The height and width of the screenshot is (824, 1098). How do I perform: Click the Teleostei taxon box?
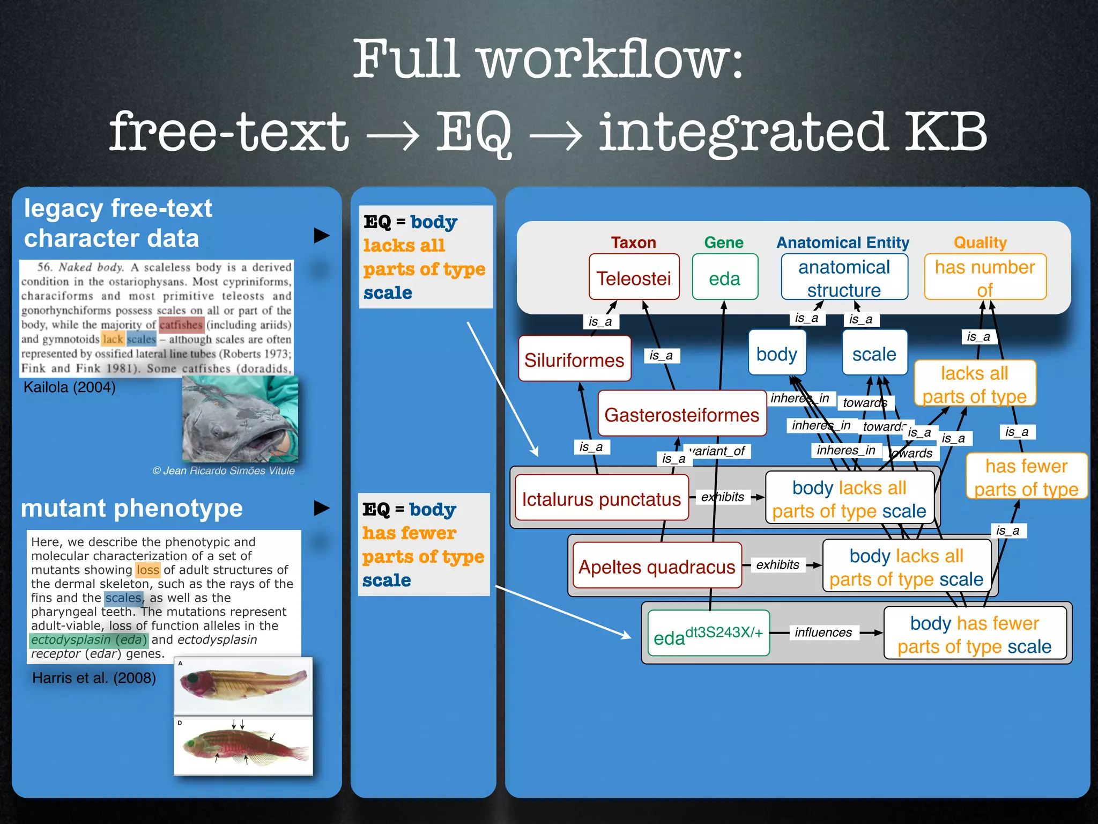tap(634, 277)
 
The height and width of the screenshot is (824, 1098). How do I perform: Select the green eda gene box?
tap(724, 277)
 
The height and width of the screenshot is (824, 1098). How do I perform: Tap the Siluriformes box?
tap(574, 359)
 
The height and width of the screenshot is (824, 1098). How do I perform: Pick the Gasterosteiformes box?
tap(681, 414)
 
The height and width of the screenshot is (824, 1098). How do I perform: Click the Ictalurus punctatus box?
tap(601, 498)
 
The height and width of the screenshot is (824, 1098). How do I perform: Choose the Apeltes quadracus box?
tap(657, 566)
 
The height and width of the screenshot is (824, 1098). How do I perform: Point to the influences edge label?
tap(823, 632)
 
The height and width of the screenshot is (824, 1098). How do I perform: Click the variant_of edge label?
tap(718, 451)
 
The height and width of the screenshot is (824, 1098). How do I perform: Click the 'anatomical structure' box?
tap(844, 277)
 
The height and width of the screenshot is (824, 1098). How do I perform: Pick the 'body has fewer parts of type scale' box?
tap(974, 634)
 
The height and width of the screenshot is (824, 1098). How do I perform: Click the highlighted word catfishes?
tap(181, 325)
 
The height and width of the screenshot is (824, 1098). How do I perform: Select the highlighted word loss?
tap(148, 570)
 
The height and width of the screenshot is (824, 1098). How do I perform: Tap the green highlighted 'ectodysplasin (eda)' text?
tap(88, 639)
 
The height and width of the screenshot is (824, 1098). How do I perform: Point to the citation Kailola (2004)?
tap(70, 387)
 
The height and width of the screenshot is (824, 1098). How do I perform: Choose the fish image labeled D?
tap(243, 746)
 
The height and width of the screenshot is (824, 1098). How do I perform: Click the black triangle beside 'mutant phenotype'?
tap(321, 507)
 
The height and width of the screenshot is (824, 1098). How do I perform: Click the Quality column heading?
tap(980, 242)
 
